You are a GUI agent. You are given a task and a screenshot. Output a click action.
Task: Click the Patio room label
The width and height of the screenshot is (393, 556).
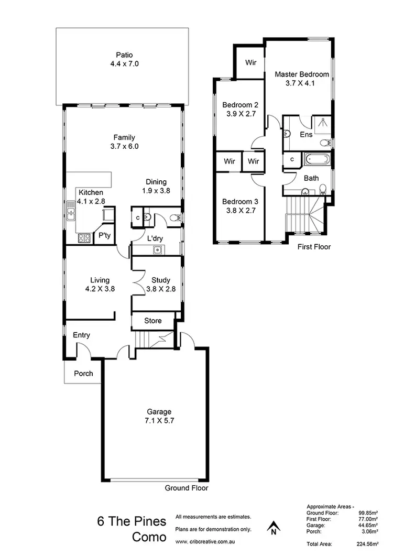point(124,54)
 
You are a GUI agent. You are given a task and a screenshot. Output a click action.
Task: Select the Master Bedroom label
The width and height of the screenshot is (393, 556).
point(302,74)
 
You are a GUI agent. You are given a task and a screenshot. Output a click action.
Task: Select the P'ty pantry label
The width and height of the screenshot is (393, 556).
point(104,236)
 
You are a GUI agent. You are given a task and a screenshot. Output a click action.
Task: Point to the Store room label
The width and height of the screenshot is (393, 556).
point(152,320)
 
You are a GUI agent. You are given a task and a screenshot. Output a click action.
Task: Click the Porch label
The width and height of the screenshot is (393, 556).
point(83,374)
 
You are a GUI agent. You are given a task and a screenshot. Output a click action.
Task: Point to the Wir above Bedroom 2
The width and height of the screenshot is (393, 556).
point(250,62)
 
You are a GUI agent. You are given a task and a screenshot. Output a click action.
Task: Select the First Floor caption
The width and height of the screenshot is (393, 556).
point(314,246)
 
